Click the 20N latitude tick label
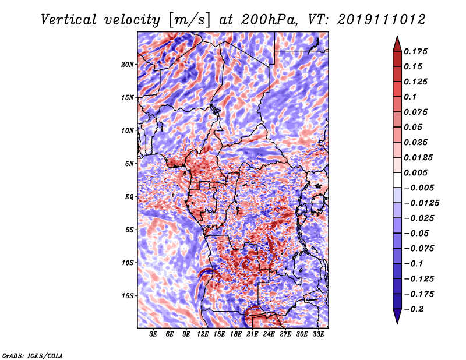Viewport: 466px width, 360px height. pos(128,64)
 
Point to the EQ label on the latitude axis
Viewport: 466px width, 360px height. pos(129,197)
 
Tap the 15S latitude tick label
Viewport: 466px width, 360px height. pos(128,296)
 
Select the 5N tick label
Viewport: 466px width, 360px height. pos(129,164)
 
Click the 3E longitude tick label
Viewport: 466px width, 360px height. pos(153,334)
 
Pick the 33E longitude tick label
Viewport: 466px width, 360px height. pos(318,334)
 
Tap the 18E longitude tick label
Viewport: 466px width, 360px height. pos(236,334)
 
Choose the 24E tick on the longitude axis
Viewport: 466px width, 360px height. pos(269,334)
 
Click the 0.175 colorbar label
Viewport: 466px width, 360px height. pos(415,51)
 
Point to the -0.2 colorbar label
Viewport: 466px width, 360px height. pos(414,309)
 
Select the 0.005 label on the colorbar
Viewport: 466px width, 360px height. pos(415,172)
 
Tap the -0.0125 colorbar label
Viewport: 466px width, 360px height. pos(421,203)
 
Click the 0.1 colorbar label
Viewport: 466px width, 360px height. pos(410,97)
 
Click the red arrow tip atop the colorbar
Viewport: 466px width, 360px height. pos(397,37)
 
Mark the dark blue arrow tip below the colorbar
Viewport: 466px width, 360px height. pos(397,323)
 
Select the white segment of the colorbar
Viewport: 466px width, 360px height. pos(397,180)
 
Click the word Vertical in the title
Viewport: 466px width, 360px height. pos(69,20)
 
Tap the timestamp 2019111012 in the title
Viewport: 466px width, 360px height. pos(382,20)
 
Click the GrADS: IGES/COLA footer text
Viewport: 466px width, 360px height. pos(33,355)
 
